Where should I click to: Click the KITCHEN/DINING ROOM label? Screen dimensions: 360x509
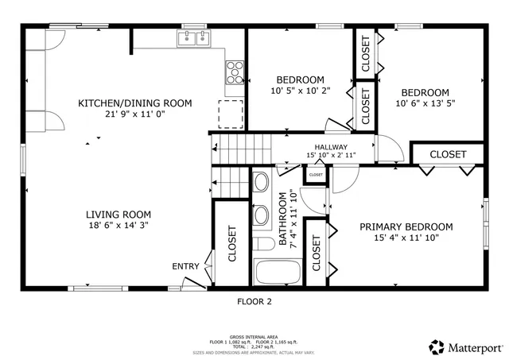[x=134, y=103]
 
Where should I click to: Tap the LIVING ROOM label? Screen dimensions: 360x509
[x=119, y=215]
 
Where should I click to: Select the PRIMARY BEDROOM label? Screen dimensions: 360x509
[x=406, y=226]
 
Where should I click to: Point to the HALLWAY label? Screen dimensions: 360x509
[x=330, y=147]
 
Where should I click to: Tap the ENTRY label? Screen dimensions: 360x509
[x=186, y=266]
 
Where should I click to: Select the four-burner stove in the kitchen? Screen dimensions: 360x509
[x=235, y=72]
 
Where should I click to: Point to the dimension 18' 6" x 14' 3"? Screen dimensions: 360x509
[x=119, y=226]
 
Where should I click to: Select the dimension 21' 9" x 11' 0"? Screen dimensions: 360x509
[x=134, y=114]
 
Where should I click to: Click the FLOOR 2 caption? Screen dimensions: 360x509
[x=254, y=301]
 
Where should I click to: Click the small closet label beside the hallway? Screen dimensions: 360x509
[x=316, y=175]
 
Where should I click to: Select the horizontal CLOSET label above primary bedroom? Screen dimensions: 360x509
[x=448, y=154]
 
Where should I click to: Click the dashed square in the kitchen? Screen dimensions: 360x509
[x=231, y=114]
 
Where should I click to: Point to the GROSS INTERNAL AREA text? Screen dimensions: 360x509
[x=254, y=337]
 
